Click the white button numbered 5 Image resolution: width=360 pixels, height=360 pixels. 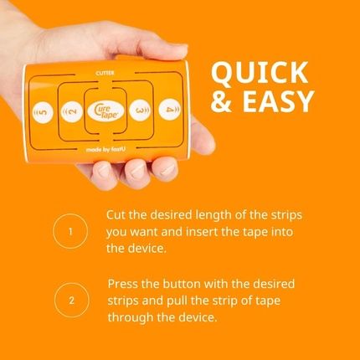39,111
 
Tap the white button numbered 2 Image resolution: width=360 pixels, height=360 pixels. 71,111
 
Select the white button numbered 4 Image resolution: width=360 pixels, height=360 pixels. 170,110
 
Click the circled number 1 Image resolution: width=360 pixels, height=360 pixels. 70,230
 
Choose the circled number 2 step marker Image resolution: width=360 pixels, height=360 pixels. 70,299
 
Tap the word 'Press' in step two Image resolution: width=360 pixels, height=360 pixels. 124,283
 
